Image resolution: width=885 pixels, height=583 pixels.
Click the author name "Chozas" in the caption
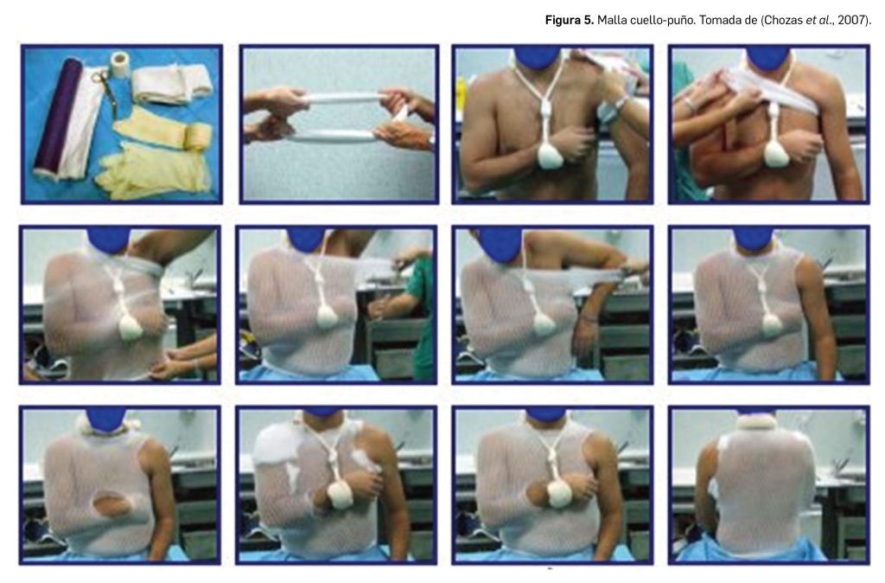(x=783, y=21)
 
